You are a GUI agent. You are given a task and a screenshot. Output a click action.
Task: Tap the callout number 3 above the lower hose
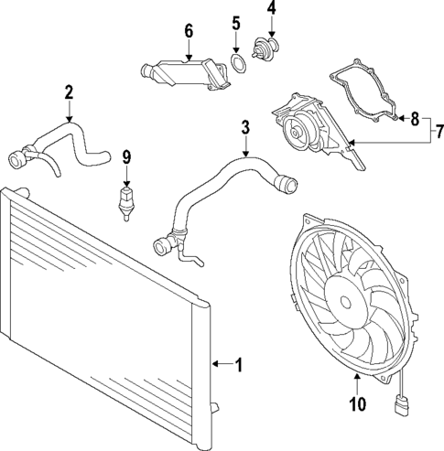click(245, 126)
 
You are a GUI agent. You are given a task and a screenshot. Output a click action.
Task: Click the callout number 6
click(189, 30)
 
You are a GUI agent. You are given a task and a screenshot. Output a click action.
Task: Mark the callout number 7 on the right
click(436, 131)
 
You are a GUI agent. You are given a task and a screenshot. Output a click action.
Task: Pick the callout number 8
click(415, 118)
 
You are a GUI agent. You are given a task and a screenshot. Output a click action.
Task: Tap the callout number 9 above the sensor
click(127, 156)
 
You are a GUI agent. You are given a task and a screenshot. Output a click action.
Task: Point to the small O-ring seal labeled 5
click(237, 63)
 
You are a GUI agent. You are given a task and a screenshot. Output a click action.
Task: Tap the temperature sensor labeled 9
click(126, 199)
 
